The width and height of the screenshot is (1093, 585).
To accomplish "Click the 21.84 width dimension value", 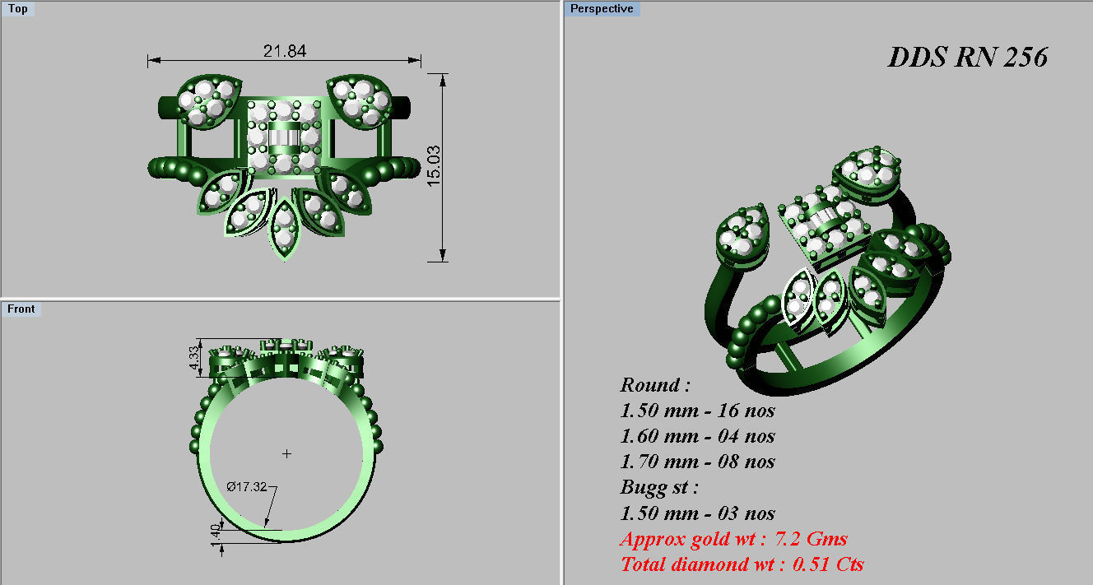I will (284, 51).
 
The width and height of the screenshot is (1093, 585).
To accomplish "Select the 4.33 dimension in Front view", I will (194, 359).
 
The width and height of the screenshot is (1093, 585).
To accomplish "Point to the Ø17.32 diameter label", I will (246, 487).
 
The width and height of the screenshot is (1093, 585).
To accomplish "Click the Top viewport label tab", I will (17, 9).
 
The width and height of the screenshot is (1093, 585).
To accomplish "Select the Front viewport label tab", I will (21, 309).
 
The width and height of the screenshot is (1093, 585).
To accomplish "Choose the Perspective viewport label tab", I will (602, 9).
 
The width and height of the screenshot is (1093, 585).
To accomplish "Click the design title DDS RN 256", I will (967, 58).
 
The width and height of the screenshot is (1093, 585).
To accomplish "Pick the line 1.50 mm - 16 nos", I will (697, 411).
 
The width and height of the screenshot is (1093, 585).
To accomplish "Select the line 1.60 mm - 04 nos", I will (697, 436).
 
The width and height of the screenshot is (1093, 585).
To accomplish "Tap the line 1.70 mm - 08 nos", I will (697, 462).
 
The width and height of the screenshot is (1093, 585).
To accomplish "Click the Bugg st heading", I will (659, 487).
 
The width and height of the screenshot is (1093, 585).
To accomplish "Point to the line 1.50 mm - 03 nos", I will (697, 513).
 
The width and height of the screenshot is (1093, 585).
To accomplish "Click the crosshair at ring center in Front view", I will (286, 453).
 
